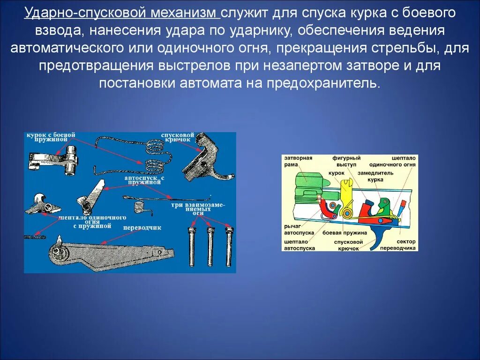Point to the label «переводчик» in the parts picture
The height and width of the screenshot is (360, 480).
coord(142,228)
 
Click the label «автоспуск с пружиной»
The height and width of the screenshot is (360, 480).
coord(144,180)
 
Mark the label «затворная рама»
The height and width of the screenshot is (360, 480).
coord(298,161)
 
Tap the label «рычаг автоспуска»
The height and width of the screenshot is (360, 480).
coord(299,229)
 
